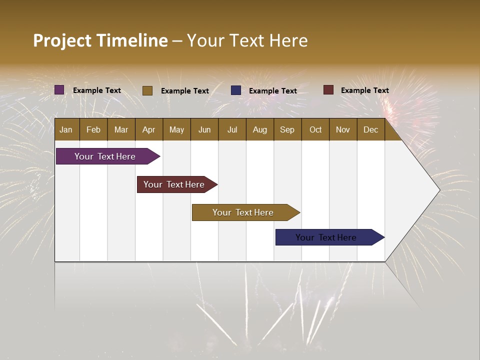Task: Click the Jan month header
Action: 66,129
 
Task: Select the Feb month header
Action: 93,129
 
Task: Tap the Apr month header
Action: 148,129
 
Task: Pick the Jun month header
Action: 204,129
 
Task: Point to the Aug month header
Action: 259,129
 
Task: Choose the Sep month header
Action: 287,129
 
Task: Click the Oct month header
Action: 315,129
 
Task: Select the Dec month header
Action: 370,129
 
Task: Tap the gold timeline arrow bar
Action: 243,212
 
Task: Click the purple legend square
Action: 59,90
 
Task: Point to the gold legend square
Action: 147,90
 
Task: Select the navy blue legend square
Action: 236,90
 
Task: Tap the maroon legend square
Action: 328,90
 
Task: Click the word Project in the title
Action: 62,40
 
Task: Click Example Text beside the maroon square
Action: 364,90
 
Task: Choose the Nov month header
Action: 342,129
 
